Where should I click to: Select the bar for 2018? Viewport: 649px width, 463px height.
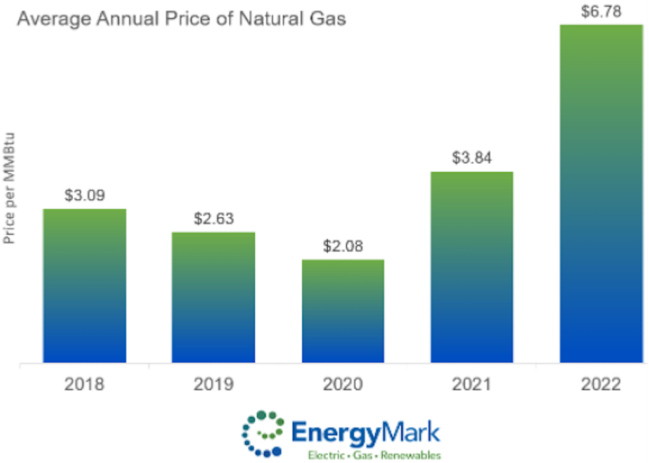[84, 285]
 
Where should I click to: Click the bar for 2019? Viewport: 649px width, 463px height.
[214, 297]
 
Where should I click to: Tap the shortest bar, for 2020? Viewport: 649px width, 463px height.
[343, 311]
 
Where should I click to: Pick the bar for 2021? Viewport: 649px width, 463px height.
[472, 267]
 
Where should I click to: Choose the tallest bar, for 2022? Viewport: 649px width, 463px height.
[601, 193]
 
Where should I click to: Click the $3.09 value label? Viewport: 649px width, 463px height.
[84, 195]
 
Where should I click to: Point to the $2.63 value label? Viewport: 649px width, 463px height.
[214, 219]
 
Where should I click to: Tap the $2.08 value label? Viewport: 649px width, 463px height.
[343, 246]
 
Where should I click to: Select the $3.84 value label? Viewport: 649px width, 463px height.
[472, 158]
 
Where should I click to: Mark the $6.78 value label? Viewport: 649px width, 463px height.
[601, 11]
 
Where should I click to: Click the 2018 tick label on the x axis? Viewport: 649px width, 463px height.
[84, 384]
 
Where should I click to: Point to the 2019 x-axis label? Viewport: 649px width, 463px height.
[214, 384]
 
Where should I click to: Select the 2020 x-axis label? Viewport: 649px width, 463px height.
[343, 384]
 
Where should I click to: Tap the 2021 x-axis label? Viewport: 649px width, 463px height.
[472, 384]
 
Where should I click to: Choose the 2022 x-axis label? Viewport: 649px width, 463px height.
[601, 384]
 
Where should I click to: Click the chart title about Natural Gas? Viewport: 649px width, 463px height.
[181, 19]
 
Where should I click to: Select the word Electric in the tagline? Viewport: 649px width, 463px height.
[326, 455]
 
